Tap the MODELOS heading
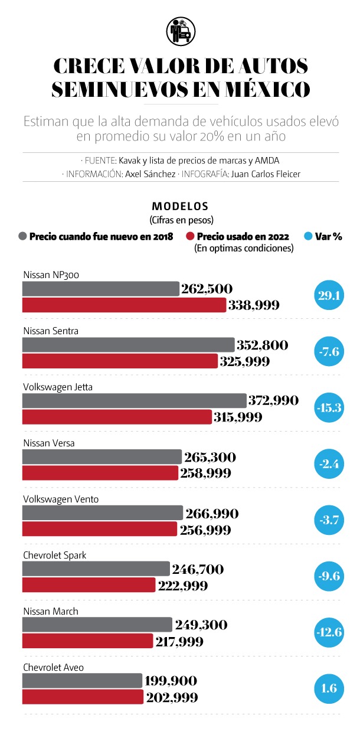point(180,207)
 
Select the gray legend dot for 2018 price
point(22,236)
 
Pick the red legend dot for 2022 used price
point(190,236)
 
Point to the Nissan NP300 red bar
point(124,305)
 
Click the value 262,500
point(208,289)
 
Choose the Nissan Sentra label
point(51,331)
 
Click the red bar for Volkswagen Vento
point(99,529)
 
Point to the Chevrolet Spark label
point(55,555)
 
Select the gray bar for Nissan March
point(97,625)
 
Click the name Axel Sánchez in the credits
point(150,175)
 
